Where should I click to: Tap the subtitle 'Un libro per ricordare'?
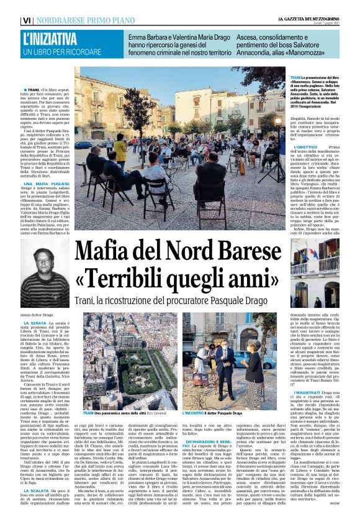click(60, 53)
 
